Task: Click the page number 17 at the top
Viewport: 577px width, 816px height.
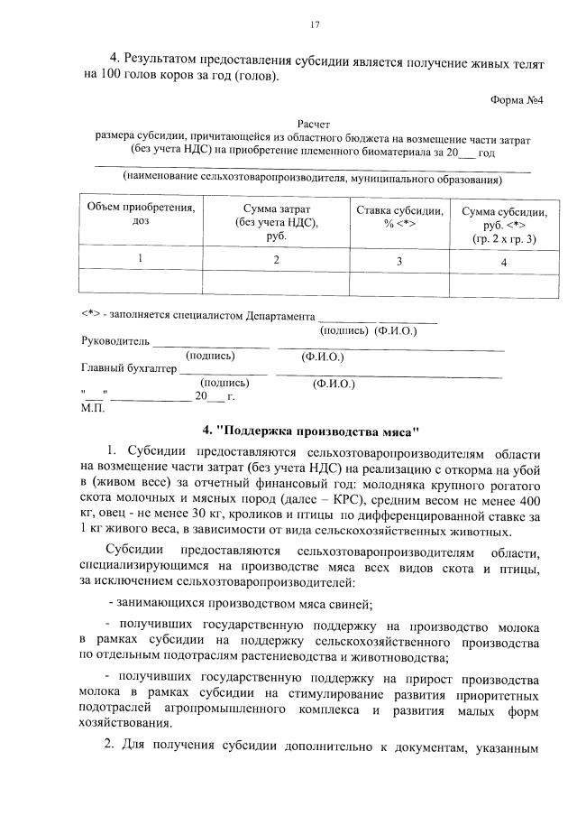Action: (x=315, y=23)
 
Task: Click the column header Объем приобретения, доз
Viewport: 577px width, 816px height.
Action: (x=140, y=215)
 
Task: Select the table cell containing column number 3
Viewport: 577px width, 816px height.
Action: (x=399, y=260)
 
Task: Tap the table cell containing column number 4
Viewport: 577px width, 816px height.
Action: (x=504, y=262)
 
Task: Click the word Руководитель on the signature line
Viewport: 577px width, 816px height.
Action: (x=114, y=343)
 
